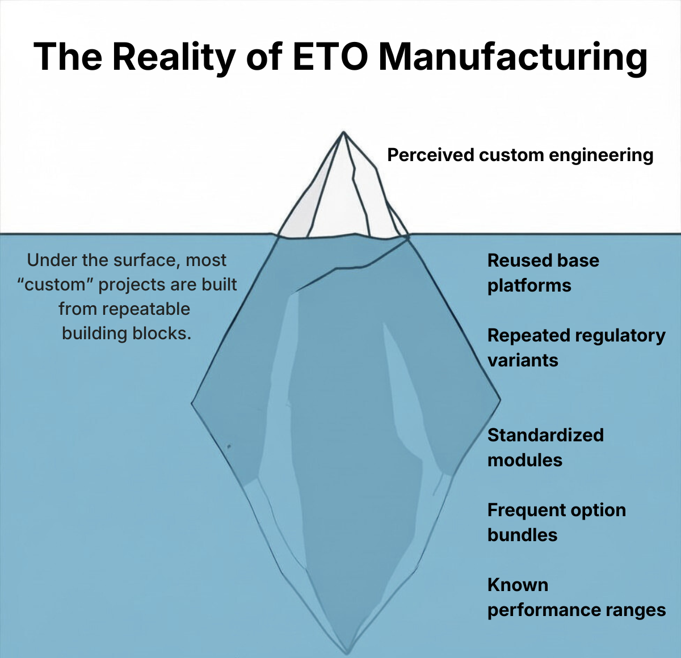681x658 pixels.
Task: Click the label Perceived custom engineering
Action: [x=520, y=155]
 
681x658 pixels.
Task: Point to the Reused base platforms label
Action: [x=543, y=273]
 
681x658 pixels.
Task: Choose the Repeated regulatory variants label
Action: [x=576, y=348]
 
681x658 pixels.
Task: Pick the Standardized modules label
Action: [x=545, y=448]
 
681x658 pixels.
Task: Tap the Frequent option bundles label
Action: [x=556, y=522]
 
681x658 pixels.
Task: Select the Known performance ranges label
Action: [x=576, y=597]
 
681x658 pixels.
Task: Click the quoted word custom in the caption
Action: [x=55, y=285]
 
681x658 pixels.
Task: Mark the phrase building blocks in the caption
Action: [x=126, y=334]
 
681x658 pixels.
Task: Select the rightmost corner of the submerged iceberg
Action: [x=500, y=399]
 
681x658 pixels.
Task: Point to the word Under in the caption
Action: [x=52, y=260]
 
